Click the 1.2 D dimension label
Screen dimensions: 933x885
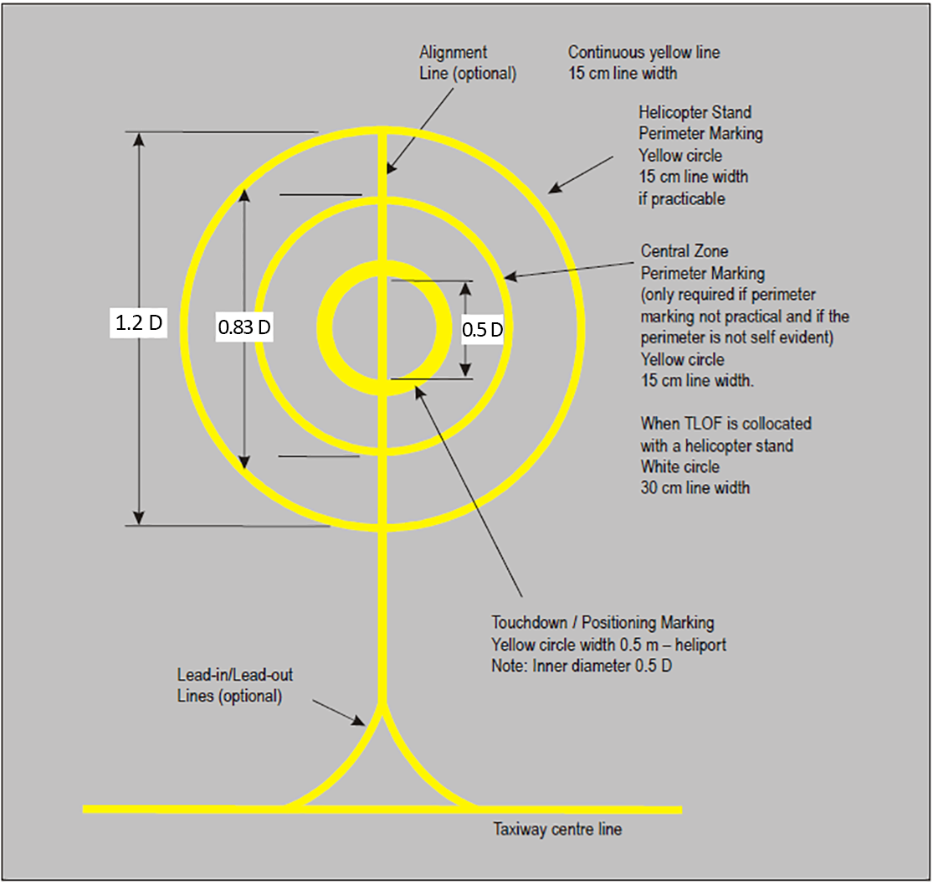[139, 323]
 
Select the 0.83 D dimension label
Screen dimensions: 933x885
[244, 327]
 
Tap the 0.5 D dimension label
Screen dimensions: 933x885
[483, 329]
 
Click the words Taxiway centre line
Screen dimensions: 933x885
[557, 829]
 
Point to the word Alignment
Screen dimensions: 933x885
[453, 53]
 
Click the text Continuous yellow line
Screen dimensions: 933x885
[643, 53]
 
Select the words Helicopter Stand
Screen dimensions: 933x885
[695, 112]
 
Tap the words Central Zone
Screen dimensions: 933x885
[684, 250]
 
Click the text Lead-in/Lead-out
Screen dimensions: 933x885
[235, 675]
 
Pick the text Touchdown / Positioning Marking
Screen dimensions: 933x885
[602, 622]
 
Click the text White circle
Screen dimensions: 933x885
[680, 466]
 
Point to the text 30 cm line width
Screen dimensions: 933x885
[695, 488]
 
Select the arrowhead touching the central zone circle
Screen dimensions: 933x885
[510, 275]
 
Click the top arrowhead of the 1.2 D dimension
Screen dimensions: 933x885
[139, 139]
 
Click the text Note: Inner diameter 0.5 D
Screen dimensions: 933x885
[582, 666]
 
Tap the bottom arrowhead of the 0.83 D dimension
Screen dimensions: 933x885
[244, 462]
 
